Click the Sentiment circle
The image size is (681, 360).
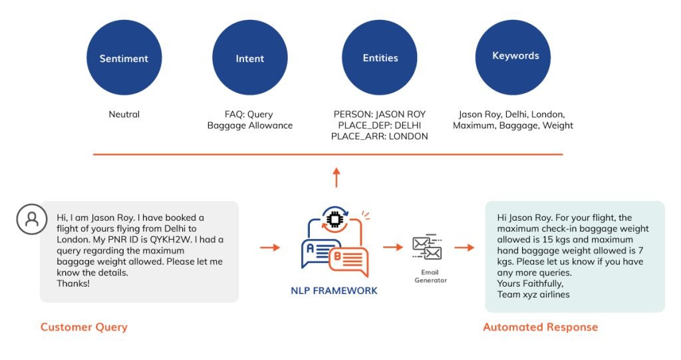124,58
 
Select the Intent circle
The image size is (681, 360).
249,58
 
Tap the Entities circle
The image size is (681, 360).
380,58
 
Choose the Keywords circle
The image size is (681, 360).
515,57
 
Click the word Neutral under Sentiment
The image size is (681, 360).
124,114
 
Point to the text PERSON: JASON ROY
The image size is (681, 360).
379,114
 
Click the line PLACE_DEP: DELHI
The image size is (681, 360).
379,125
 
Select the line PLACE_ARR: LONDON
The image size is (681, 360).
379,136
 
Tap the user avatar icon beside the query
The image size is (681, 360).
32,219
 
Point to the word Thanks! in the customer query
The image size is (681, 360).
73,283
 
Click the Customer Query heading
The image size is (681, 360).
84,327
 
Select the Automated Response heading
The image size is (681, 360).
540,327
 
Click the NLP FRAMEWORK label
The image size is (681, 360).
334,291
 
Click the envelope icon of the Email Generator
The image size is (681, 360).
427,248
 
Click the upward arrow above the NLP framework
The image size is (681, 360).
336,177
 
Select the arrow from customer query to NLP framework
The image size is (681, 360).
269,248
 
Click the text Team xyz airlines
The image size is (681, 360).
533,295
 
